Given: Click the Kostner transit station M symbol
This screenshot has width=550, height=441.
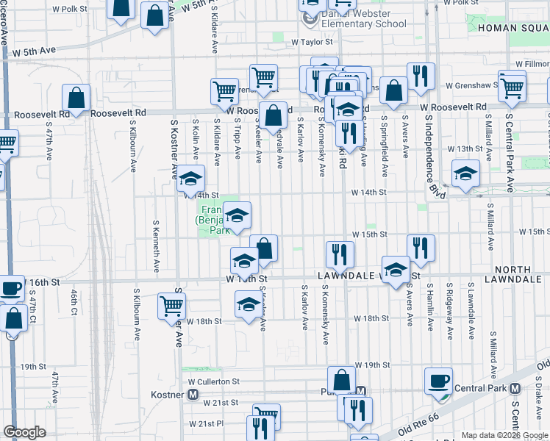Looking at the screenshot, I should point(193,395).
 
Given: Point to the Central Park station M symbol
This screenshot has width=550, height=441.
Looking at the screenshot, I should point(515,388).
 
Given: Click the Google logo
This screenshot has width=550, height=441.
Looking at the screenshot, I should point(24,432).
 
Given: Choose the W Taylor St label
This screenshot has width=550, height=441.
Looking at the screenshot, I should point(312,43).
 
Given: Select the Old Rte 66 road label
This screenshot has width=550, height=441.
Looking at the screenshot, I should point(419,427).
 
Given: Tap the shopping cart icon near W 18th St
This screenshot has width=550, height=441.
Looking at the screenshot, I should point(171,305).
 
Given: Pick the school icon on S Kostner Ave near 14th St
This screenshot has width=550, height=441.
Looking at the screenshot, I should point(190,179).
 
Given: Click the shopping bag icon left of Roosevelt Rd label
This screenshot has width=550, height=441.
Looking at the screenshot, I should point(76,97).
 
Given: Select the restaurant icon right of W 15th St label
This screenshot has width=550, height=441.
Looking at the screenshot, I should point(421,248).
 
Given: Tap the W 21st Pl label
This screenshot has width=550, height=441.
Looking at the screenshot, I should point(205,423).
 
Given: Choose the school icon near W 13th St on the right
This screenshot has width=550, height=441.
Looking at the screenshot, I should point(465,174).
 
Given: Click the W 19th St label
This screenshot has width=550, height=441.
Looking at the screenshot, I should point(371,365).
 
